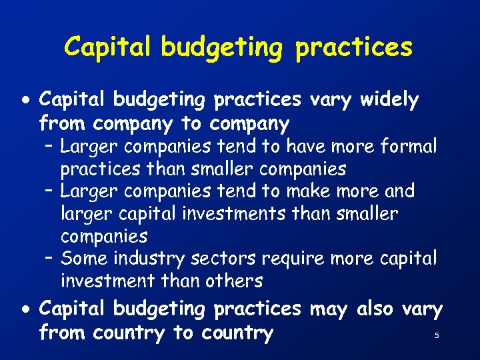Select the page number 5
tap(437, 335)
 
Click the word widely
tap(389, 100)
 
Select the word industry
tap(151, 259)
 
